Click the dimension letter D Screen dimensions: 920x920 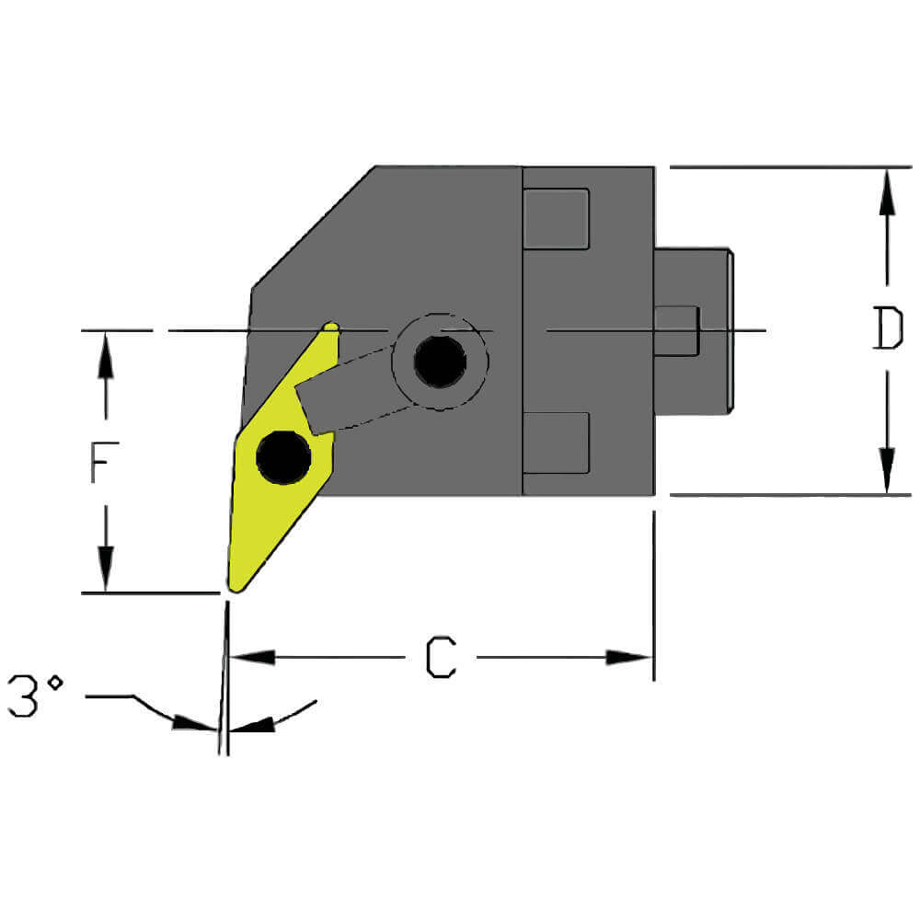(x=887, y=329)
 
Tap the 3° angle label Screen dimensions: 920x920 (x=35, y=696)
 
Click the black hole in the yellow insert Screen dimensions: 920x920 (x=283, y=457)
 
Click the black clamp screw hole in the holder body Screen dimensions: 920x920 (x=440, y=362)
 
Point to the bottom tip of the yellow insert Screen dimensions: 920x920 (x=235, y=586)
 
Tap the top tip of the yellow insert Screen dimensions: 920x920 (x=331, y=328)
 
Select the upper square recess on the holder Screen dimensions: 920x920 (x=556, y=218)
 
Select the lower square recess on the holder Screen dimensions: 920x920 (x=556, y=443)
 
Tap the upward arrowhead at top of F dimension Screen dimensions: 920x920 (x=107, y=355)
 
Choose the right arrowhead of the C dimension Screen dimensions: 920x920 (x=629, y=657)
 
